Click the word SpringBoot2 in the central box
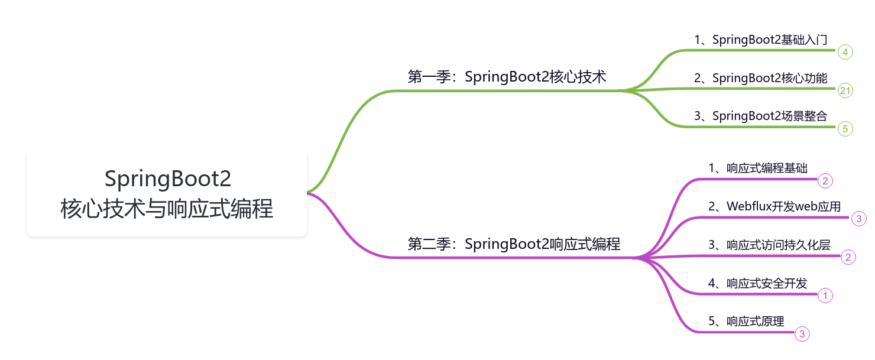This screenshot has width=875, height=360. point(167,179)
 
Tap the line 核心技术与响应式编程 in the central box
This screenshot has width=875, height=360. point(167,209)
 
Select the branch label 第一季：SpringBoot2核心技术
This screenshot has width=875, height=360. point(507,77)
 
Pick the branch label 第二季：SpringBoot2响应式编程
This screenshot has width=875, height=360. point(514,244)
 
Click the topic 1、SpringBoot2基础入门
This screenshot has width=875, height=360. point(760,40)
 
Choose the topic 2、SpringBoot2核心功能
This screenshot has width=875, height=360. point(760,78)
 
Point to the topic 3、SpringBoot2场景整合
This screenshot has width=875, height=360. point(760,116)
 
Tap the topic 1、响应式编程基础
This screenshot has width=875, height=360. point(758,168)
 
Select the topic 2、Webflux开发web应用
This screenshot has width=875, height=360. point(774,206)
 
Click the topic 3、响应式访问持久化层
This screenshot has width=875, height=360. point(770,244)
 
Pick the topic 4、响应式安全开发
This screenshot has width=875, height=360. point(758,283)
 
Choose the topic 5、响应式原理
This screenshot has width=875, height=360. point(746,321)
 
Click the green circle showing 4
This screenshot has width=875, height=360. point(845,53)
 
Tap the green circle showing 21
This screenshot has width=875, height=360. point(845,90)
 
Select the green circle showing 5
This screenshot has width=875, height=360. point(845,128)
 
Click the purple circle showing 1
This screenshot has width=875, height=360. point(825,296)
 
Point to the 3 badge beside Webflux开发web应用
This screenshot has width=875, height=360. point(859,219)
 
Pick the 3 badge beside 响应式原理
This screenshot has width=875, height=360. point(802,334)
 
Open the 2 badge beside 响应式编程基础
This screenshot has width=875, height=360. point(825,180)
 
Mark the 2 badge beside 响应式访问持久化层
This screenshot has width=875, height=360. point(848,257)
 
